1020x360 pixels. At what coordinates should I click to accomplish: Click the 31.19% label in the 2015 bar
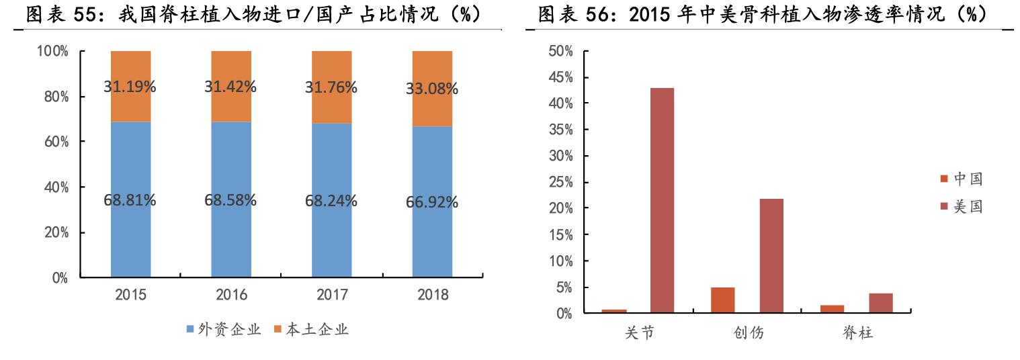tap(130, 87)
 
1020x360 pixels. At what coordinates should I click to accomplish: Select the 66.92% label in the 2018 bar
tap(432, 202)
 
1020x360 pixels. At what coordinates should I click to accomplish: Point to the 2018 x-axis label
tap(432, 295)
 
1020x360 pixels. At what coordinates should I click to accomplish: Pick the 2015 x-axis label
tap(130, 295)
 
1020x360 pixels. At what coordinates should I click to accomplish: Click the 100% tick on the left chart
tap(52, 52)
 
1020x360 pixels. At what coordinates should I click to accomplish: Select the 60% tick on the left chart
tap(55, 142)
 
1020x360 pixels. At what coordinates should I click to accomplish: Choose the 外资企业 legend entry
tap(224, 330)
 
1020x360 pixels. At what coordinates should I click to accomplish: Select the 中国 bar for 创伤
tap(723, 300)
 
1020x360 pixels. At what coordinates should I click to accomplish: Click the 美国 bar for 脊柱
tap(881, 303)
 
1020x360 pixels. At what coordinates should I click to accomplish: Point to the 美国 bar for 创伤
tap(771, 256)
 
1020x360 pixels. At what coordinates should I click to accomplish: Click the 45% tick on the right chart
tap(560, 77)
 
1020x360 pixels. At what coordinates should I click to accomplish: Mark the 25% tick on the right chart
tap(560, 183)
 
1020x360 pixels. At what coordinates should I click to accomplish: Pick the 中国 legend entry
tap(962, 179)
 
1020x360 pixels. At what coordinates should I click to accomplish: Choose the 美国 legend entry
tap(962, 207)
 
